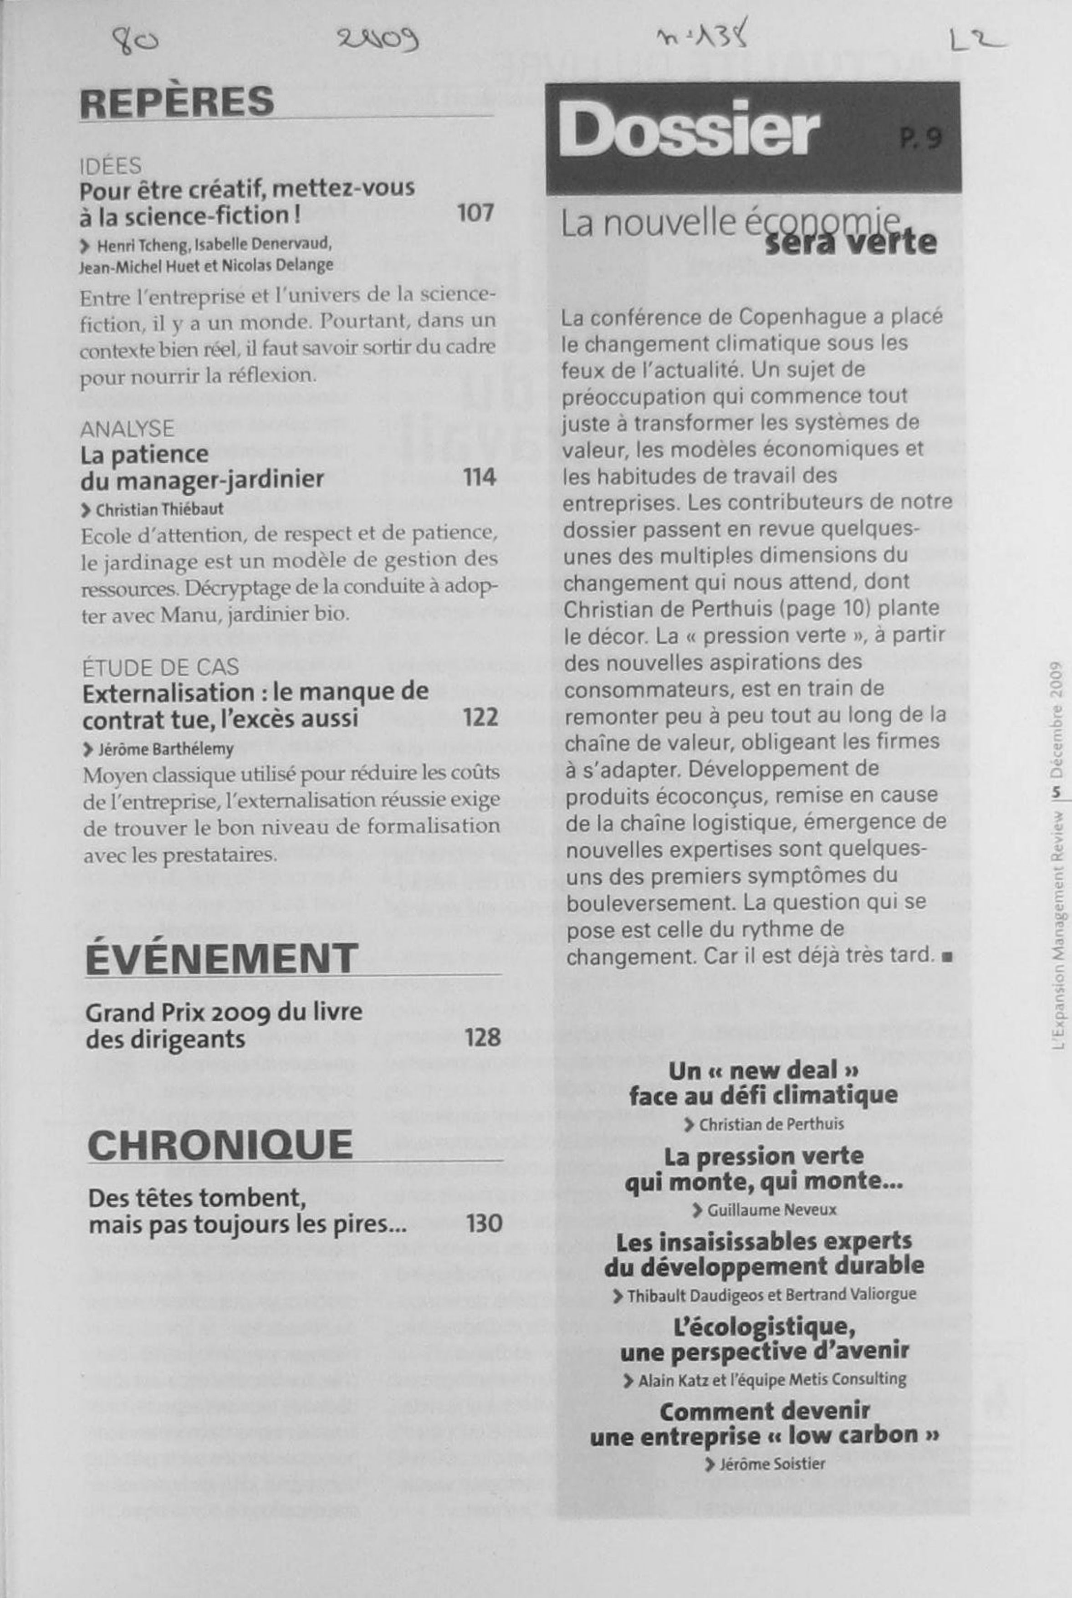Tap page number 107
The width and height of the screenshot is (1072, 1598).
[x=475, y=213]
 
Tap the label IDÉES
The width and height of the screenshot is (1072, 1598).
[x=111, y=165]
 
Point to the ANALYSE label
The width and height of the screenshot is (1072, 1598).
[x=127, y=429]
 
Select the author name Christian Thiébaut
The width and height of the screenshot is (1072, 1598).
[x=159, y=509]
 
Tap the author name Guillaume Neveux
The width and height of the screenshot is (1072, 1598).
[x=771, y=1209]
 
